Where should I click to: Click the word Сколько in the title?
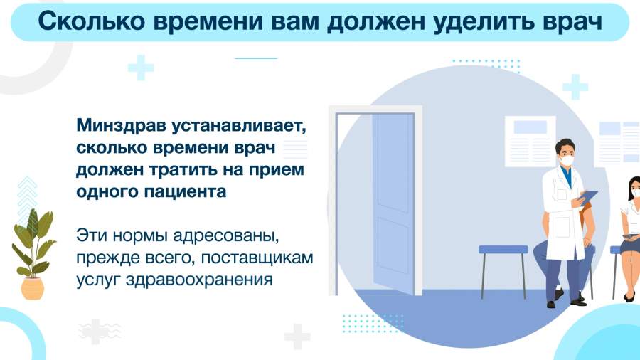pyautogui.click(x=92, y=21)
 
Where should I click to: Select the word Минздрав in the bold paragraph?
pyautogui.click(x=121, y=126)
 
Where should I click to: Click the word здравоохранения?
pyautogui.click(x=199, y=280)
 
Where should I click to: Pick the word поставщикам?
pyautogui.click(x=257, y=258)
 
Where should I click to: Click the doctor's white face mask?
pyautogui.click(x=567, y=160)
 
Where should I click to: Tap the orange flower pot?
pyautogui.click(x=33, y=288)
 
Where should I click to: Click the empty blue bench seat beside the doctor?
pyautogui.click(x=503, y=250)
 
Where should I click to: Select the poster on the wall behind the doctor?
pyautogui.click(x=530, y=141)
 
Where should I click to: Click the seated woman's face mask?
pyautogui.click(x=636, y=193)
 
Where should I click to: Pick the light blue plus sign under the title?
pyautogui.click(x=141, y=68)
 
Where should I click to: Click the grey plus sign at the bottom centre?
pyautogui.click(x=297, y=337)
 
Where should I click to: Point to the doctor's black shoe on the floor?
pyautogui.click(x=579, y=302)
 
